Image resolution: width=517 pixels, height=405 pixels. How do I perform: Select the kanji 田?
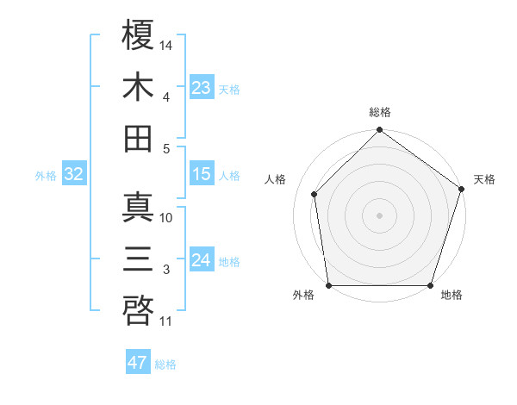(139, 139)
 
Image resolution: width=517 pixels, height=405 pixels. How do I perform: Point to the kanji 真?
(139, 208)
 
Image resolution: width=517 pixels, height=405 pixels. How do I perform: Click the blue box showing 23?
(202, 87)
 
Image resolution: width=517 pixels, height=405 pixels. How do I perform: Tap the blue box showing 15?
(202, 174)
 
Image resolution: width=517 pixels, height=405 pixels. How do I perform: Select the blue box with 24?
(202, 260)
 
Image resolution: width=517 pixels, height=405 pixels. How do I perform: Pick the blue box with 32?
(73, 175)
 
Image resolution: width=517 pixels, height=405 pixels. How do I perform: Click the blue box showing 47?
(138, 363)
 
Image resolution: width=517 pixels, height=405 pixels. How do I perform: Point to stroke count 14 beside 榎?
(167, 44)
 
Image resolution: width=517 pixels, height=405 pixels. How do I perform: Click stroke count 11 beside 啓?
(166, 322)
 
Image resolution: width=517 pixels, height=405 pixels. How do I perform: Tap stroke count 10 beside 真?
(166, 218)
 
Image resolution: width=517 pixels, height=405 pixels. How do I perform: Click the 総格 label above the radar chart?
(379, 113)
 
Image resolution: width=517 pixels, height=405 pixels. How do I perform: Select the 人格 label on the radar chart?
(276, 179)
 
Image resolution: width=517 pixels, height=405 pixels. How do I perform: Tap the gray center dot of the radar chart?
(379, 215)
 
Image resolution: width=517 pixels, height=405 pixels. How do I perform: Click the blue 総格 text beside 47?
(165, 364)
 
